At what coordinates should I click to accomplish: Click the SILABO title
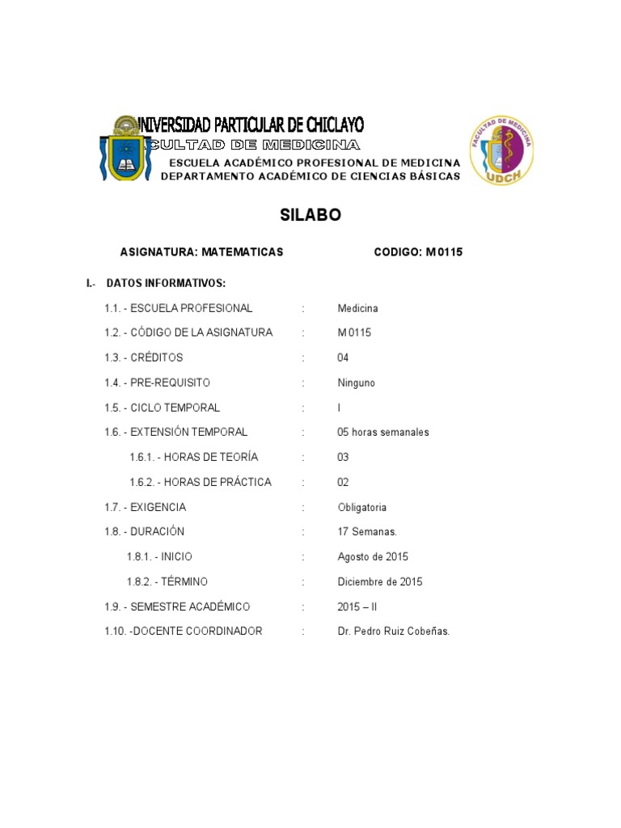pyautogui.click(x=310, y=215)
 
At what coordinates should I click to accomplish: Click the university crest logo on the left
pyautogui.click(x=125, y=149)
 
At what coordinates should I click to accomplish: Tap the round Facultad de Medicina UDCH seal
pyautogui.click(x=501, y=150)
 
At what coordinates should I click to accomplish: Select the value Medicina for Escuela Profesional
pyautogui.click(x=357, y=308)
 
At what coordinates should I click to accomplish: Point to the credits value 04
pyautogui.click(x=343, y=357)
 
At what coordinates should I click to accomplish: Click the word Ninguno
pyautogui.click(x=356, y=382)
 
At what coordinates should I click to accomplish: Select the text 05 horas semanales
pyautogui.click(x=382, y=432)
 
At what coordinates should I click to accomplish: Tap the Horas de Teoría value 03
pyautogui.click(x=343, y=457)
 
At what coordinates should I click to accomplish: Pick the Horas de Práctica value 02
pyautogui.click(x=343, y=482)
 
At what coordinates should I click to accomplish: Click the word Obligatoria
pyautogui.click(x=361, y=507)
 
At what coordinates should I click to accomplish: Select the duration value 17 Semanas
pyautogui.click(x=367, y=532)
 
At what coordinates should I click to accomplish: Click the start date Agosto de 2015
pyautogui.click(x=373, y=556)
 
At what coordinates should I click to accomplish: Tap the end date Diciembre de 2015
pyautogui.click(x=379, y=581)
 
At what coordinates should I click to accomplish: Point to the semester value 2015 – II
pyautogui.click(x=357, y=606)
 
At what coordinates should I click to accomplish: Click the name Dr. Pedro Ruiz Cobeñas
pyautogui.click(x=393, y=631)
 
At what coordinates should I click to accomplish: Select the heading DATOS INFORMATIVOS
pyautogui.click(x=165, y=283)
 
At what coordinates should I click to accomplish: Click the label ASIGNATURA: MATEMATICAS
pyautogui.click(x=201, y=252)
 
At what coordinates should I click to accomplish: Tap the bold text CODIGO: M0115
pyautogui.click(x=418, y=252)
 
